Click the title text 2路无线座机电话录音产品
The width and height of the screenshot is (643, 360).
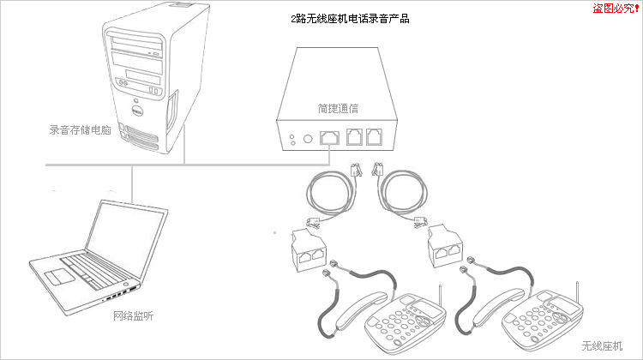[x=350, y=18]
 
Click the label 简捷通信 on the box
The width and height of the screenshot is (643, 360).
[x=337, y=109]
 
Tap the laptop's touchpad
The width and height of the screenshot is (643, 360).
[x=60, y=275]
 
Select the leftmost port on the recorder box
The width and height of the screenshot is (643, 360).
[x=329, y=137]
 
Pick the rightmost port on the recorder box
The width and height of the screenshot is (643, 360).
[x=373, y=137]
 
